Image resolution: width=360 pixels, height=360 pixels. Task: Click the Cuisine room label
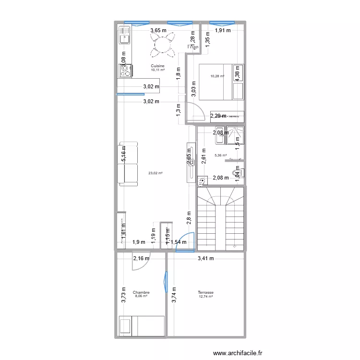coord(157,66)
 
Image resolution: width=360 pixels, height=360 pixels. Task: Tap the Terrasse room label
coord(205,292)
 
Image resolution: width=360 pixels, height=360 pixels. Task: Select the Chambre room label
coord(141,292)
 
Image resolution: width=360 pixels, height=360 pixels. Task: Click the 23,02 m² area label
coord(156,173)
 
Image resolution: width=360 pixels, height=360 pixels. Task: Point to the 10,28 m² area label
coord(217,76)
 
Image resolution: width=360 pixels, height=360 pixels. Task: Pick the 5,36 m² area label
coord(221,155)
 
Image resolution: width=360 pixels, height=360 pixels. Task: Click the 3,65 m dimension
coord(158,31)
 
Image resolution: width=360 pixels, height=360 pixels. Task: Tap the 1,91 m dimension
coord(222,31)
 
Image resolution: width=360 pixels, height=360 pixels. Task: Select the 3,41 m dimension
coord(206,259)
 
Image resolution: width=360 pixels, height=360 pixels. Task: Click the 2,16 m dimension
coord(141,259)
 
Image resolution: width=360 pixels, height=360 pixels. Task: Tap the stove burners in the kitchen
coord(125,71)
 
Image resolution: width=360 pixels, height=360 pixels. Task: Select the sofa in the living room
coord(128,164)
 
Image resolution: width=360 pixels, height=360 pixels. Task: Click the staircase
coord(221,218)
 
